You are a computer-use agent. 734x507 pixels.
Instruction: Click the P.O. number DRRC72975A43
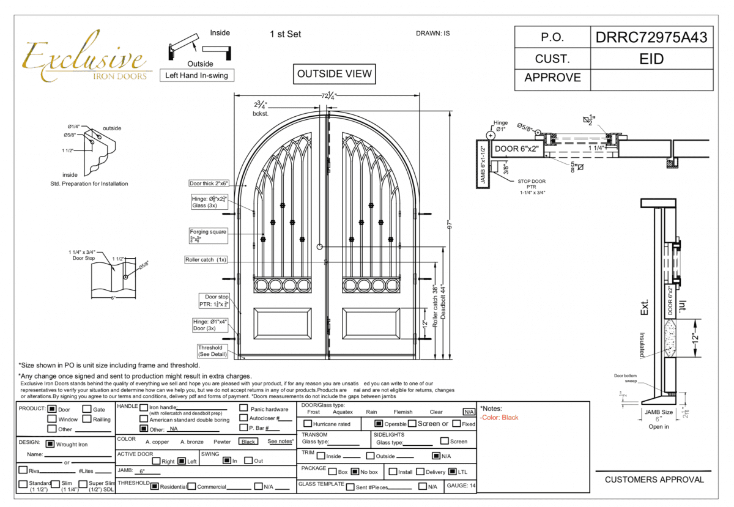[651, 38]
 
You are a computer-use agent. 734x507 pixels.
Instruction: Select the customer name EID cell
[651, 59]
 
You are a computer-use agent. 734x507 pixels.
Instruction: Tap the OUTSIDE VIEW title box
[334, 74]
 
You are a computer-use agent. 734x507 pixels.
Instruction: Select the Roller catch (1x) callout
[206, 260]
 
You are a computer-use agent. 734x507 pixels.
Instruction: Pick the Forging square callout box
[208, 235]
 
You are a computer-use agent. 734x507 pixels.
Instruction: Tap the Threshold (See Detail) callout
[210, 351]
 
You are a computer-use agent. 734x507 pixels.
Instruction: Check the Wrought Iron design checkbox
[50, 445]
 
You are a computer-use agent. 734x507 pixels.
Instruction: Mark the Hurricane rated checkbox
[308, 424]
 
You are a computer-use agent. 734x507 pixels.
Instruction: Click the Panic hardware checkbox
[244, 408]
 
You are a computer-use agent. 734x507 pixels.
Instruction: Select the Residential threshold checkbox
[155, 487]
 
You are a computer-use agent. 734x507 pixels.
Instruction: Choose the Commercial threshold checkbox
[192, 487]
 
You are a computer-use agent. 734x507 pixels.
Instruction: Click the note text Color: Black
[500, 418]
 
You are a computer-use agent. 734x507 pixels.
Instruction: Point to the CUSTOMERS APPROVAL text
[654, 479]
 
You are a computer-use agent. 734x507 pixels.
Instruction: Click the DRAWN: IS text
[432, 34]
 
